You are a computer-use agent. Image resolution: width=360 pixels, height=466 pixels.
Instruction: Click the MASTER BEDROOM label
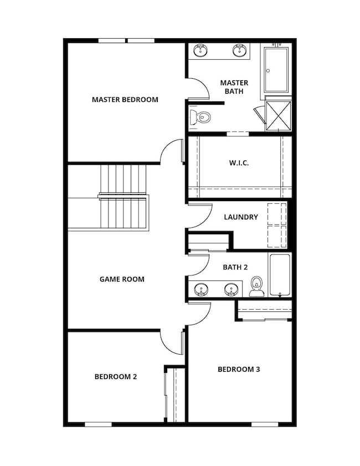(x=125, y=100)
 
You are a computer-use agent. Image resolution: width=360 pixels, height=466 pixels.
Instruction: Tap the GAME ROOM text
(x=122, y=279)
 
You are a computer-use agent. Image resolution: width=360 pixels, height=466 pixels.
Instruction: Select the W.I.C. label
(x=239, y=163)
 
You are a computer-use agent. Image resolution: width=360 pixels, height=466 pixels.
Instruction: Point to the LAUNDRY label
(x=241, y=217)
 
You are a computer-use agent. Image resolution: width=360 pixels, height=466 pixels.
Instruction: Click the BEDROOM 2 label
(x=116, y=377)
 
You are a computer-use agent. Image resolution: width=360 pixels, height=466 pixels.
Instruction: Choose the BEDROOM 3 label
(x=239, y=370)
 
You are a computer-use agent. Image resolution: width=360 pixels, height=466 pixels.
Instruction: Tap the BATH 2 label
(x=235, y=267)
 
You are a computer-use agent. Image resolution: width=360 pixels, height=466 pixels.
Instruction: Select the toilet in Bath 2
(x=256, y=286)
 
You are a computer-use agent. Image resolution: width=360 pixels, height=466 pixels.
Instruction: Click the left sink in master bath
(x=201, y=50)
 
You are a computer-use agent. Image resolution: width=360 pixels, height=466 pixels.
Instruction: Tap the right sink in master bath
(x=239, y=50)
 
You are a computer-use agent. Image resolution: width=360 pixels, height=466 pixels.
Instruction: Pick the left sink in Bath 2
(x=202, y=290)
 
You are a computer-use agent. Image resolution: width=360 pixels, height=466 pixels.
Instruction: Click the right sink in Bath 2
(x=231, y=290)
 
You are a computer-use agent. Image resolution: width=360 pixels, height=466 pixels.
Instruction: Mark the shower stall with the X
(x=279, y=116)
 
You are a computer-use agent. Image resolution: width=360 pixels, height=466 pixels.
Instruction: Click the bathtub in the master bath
(x=276, y=70)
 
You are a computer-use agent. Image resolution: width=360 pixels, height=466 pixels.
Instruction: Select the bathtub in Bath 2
(x=280, y=275)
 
